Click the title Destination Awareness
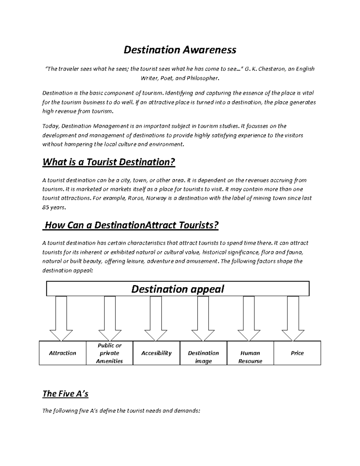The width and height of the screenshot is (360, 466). pos(180,50)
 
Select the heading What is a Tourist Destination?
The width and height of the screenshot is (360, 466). pos(109,162)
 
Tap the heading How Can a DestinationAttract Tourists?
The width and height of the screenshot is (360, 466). pos(131,225)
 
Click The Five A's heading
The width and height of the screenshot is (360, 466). pos(65,393)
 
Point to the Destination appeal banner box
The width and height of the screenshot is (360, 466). pos(178,289)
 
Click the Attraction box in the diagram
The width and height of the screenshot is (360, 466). pos(62,353)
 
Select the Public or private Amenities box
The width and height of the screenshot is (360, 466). pos(109,353)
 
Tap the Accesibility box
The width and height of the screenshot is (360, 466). pos(156,353)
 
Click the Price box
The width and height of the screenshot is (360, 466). pos(297,353)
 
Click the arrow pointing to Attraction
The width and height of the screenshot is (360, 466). pos(61,318)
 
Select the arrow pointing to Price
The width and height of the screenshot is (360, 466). pos(293,318)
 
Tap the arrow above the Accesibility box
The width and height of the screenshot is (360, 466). pos(156,318)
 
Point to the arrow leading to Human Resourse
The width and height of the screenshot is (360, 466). pos(249,318)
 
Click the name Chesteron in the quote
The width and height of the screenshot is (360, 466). pos(271,69)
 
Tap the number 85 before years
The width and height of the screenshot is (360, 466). pos(46,207)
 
